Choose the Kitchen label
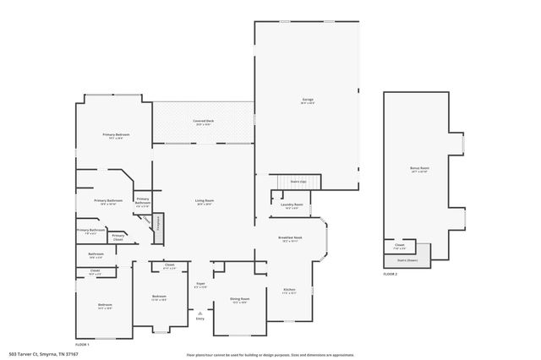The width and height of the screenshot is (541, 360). [x=289, y=292]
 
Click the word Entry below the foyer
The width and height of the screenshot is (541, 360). [x=200, y=319]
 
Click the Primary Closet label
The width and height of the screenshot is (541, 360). [x=118, y=237]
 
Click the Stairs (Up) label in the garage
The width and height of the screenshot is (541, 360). [x=298, y=181]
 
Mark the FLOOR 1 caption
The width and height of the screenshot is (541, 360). [x=82, y=345]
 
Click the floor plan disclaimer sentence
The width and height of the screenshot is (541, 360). [x=270, y=354]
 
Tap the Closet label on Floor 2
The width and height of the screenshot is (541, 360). [x=399, y=248]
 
